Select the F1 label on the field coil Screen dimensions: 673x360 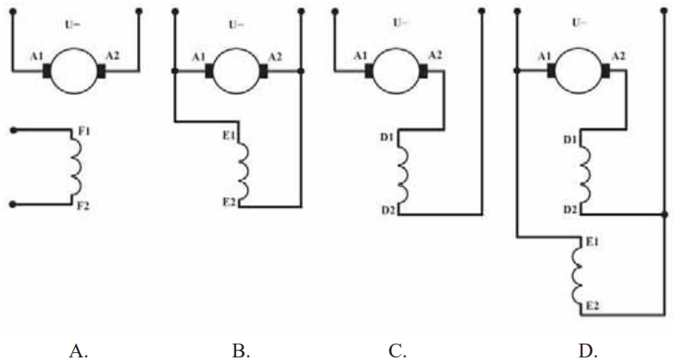(84, 131)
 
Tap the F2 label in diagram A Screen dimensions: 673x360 (84, 206)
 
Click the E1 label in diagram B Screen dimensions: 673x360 (228, 136)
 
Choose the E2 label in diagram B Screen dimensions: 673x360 (229, 202)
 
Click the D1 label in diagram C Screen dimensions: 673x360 (387, 139)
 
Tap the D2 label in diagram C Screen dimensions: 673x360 (389, 210)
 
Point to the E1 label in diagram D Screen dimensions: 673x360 (592, 242)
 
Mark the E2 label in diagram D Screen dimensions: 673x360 (592, 307)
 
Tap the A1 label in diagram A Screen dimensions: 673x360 (36, 57)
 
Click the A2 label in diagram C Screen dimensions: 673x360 (435, 55)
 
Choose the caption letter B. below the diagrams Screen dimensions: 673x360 (241, 351)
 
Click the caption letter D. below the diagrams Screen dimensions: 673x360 (588, 351)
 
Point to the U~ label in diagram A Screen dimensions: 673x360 (72, 24)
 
